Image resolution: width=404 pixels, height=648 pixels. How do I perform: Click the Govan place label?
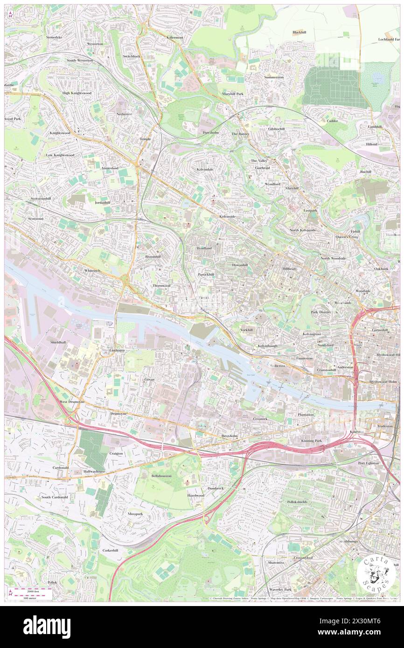(x=149, y=379)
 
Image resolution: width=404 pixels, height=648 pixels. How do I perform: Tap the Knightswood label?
(x=60, y=133)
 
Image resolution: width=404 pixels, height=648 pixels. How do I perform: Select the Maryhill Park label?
(x=233, y=94)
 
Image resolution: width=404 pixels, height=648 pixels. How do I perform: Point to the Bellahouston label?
(x=161, y=476)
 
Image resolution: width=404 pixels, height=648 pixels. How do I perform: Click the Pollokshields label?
(x=302, y=501)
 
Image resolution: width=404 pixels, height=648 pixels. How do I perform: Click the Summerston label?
(x=274, y=77)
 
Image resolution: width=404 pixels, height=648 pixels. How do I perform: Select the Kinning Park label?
(x=311, y=440)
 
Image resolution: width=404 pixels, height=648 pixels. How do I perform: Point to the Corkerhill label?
(x=112, y=550)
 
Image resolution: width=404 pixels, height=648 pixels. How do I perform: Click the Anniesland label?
(x=110, y=168)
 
